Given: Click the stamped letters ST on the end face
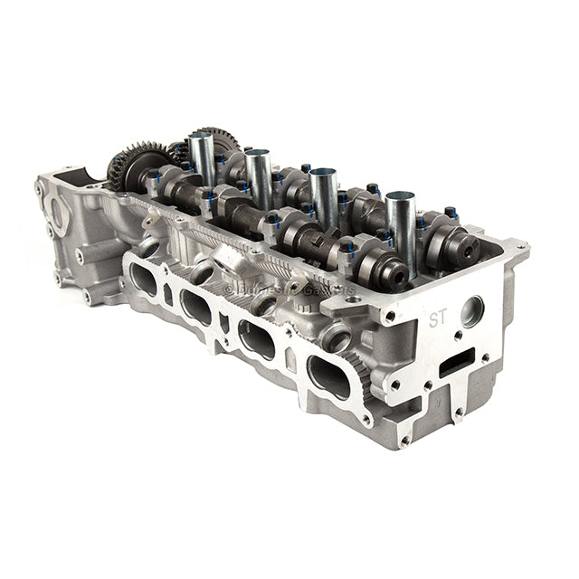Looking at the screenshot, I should [439, 318].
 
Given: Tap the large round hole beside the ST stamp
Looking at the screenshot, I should [471, 311].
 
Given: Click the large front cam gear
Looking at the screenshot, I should [128, 166].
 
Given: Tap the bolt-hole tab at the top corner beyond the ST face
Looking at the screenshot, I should [520, 245].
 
